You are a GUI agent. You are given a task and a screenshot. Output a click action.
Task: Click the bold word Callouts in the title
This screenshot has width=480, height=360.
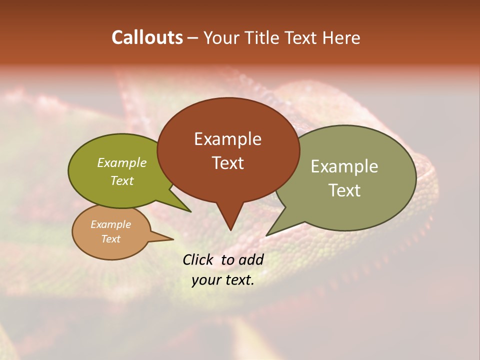147,37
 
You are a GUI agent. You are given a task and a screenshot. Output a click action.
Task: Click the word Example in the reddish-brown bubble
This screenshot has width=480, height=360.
227,139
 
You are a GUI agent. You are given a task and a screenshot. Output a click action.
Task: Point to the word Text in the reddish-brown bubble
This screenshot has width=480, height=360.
227,162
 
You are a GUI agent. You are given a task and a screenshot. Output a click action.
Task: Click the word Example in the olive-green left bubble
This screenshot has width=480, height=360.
122,162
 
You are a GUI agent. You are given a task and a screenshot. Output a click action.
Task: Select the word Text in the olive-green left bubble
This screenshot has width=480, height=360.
122,180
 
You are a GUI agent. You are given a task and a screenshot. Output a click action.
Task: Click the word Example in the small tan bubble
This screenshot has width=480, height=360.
110,224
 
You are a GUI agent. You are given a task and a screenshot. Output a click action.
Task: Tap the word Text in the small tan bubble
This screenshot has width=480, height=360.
110,239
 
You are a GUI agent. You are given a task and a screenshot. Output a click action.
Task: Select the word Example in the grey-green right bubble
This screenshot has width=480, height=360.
344,166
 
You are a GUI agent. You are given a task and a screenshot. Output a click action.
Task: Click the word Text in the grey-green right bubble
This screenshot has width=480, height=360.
344,190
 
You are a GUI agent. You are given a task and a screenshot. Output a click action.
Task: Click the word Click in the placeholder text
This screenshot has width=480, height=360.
198,259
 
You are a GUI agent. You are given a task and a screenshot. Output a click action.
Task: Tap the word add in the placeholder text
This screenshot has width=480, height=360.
251,259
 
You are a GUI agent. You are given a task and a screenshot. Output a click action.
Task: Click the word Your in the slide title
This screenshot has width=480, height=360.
220,37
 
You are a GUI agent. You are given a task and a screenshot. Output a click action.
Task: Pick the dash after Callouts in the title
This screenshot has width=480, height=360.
193,38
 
